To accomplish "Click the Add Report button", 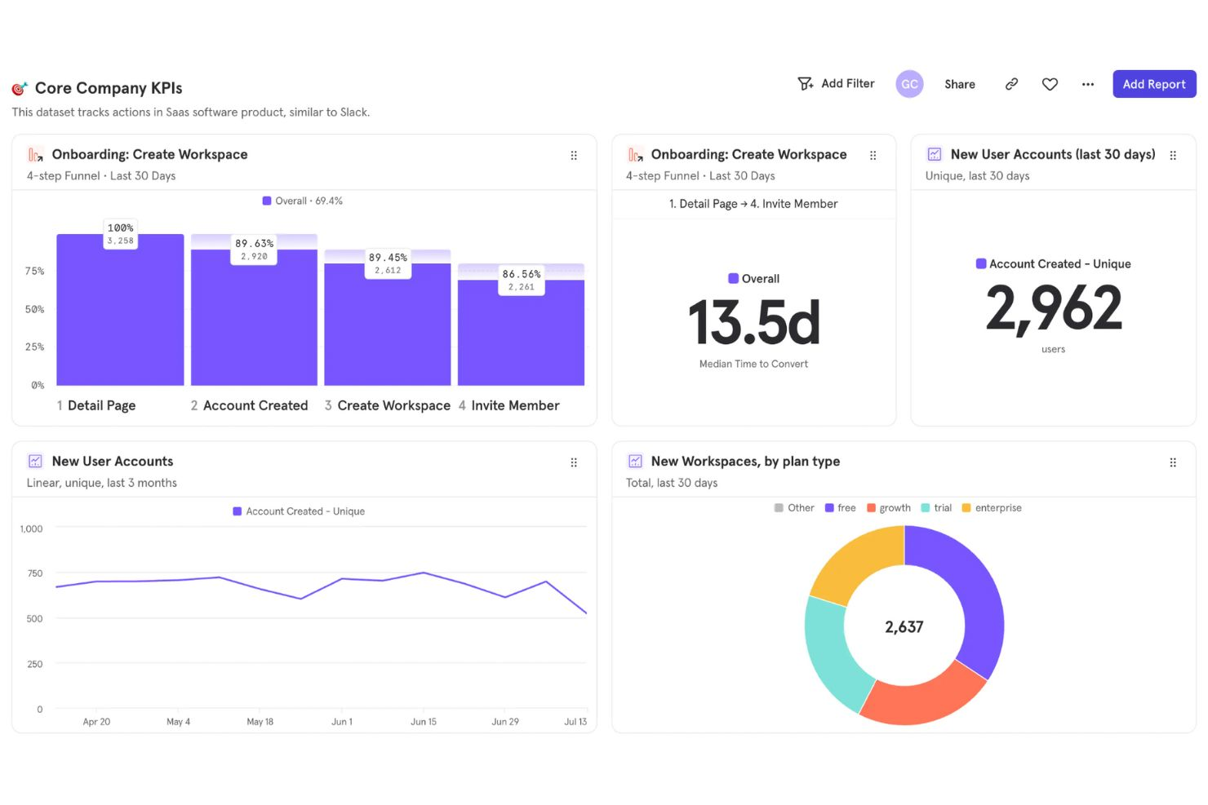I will click(x=1153, y=84).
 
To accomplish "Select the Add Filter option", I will click(x=836, y=83).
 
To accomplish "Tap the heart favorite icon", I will click(x=1050, y=84).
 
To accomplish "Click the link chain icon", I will click(x=1011, y=84).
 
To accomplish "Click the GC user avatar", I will click(x=909, y=84).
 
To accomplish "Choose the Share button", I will click(x=959, y=84).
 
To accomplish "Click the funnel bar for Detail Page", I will click(x=120, y=318).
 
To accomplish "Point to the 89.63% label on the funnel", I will click(x=254, y=244).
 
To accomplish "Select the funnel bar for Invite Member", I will click(x=521, y=334).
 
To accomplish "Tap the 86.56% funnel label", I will click(x=522, y=274).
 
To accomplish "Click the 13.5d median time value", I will click(x=753, y=322).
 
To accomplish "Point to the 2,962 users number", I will click(x=1053, y=308).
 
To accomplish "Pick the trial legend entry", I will click(x=936, y=508).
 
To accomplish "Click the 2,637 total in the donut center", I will click(x=904, y=627).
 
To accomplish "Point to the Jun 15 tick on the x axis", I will click(x=423, y=722).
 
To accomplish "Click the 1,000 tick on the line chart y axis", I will click(x=31, y=529).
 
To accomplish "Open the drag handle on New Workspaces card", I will click(x=1172, y=462).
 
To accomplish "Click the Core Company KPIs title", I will click(x=108, y=88).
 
